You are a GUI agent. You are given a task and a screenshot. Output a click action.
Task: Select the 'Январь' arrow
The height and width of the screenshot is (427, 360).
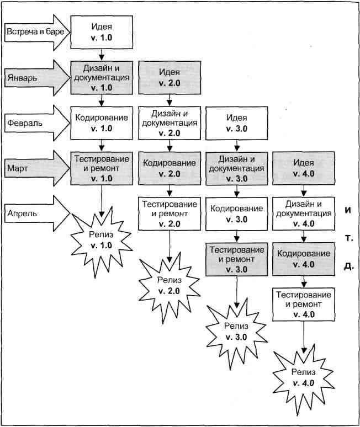click(x=36, y=77)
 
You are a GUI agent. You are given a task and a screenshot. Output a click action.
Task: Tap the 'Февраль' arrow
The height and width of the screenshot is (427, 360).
click(x=36, y=122)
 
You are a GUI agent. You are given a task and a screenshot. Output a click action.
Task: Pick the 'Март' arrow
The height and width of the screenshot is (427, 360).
click(x=36, y=167)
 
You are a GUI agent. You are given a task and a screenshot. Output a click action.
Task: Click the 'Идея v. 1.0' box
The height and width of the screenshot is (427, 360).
click(x=102, y=31)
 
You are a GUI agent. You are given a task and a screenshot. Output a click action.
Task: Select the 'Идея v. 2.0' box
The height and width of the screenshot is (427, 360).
click(x=169, y=77)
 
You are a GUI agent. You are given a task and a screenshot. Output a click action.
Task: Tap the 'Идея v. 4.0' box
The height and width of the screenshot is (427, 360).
click(x=304, y=168)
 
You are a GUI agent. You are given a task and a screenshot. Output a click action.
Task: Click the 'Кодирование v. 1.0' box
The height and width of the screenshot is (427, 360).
click(x=102, y=122)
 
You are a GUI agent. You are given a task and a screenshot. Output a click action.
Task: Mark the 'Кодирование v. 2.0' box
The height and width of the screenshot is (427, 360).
click(x=169, y=168)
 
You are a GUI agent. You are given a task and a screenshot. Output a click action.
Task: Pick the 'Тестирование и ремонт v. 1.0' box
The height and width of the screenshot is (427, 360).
click(x=102, y=167)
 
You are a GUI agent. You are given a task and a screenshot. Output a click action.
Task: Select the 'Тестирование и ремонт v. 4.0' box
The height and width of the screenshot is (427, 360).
click(x=304, y=304)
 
